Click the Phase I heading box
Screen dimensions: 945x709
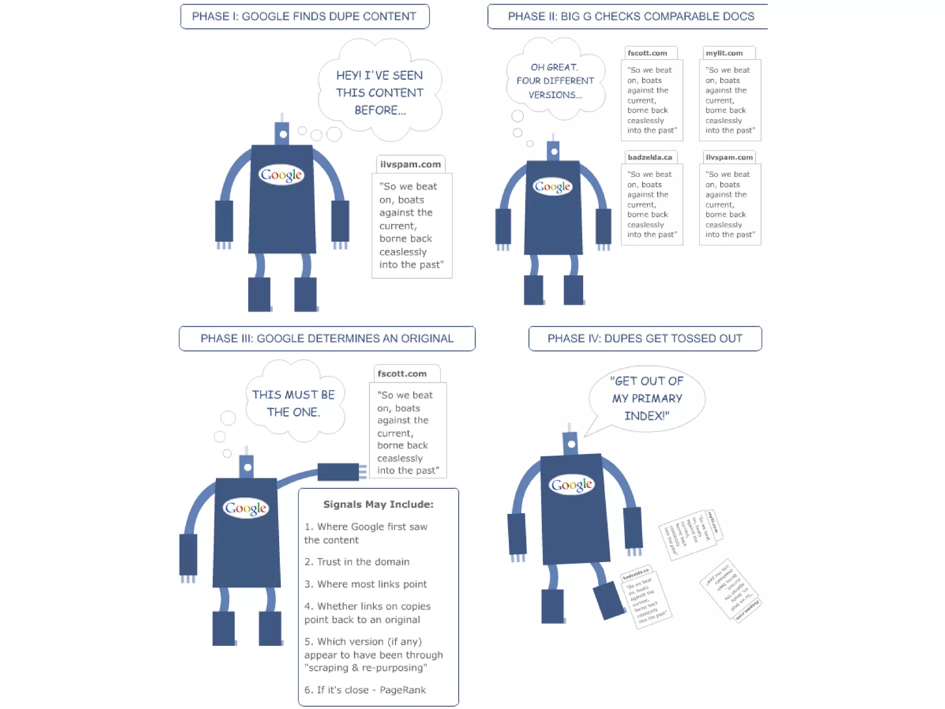click(x=305, y=17)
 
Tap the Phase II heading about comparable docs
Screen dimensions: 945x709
click(x=630, y=17)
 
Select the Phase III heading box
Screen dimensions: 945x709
click(x=327, y=338)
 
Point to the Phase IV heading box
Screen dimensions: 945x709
click(x=645, y=338)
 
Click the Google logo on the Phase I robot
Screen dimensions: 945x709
click(x=281, y=174)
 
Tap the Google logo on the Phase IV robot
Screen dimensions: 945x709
click(x=571, y=485)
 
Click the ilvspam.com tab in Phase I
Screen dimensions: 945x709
click(x=410, y=164)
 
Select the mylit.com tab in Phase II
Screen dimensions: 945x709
click(x=724, y=53)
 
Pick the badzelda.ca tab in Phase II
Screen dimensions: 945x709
click(x=649, y=157)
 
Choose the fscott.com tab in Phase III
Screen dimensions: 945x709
click(x=402, y=373)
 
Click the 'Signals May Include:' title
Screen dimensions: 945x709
click(x=378, y=504)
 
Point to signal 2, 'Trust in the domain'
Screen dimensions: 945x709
click(x=357, y=562)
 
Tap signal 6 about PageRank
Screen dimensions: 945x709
click(x=365, y=690)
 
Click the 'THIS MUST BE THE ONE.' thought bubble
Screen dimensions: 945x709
click(x=293, y=403)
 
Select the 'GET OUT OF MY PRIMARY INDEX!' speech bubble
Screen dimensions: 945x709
click(x=647, y=398)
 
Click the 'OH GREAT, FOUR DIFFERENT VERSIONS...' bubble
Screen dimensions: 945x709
click(x=555, y=81)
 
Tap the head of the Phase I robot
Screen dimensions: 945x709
click(x=282, y=133)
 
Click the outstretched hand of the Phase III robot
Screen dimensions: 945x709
click(x=339, y=472)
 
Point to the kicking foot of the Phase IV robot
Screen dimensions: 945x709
click(x=609, y=600)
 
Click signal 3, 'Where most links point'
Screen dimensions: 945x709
click(x=365, y=584)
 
